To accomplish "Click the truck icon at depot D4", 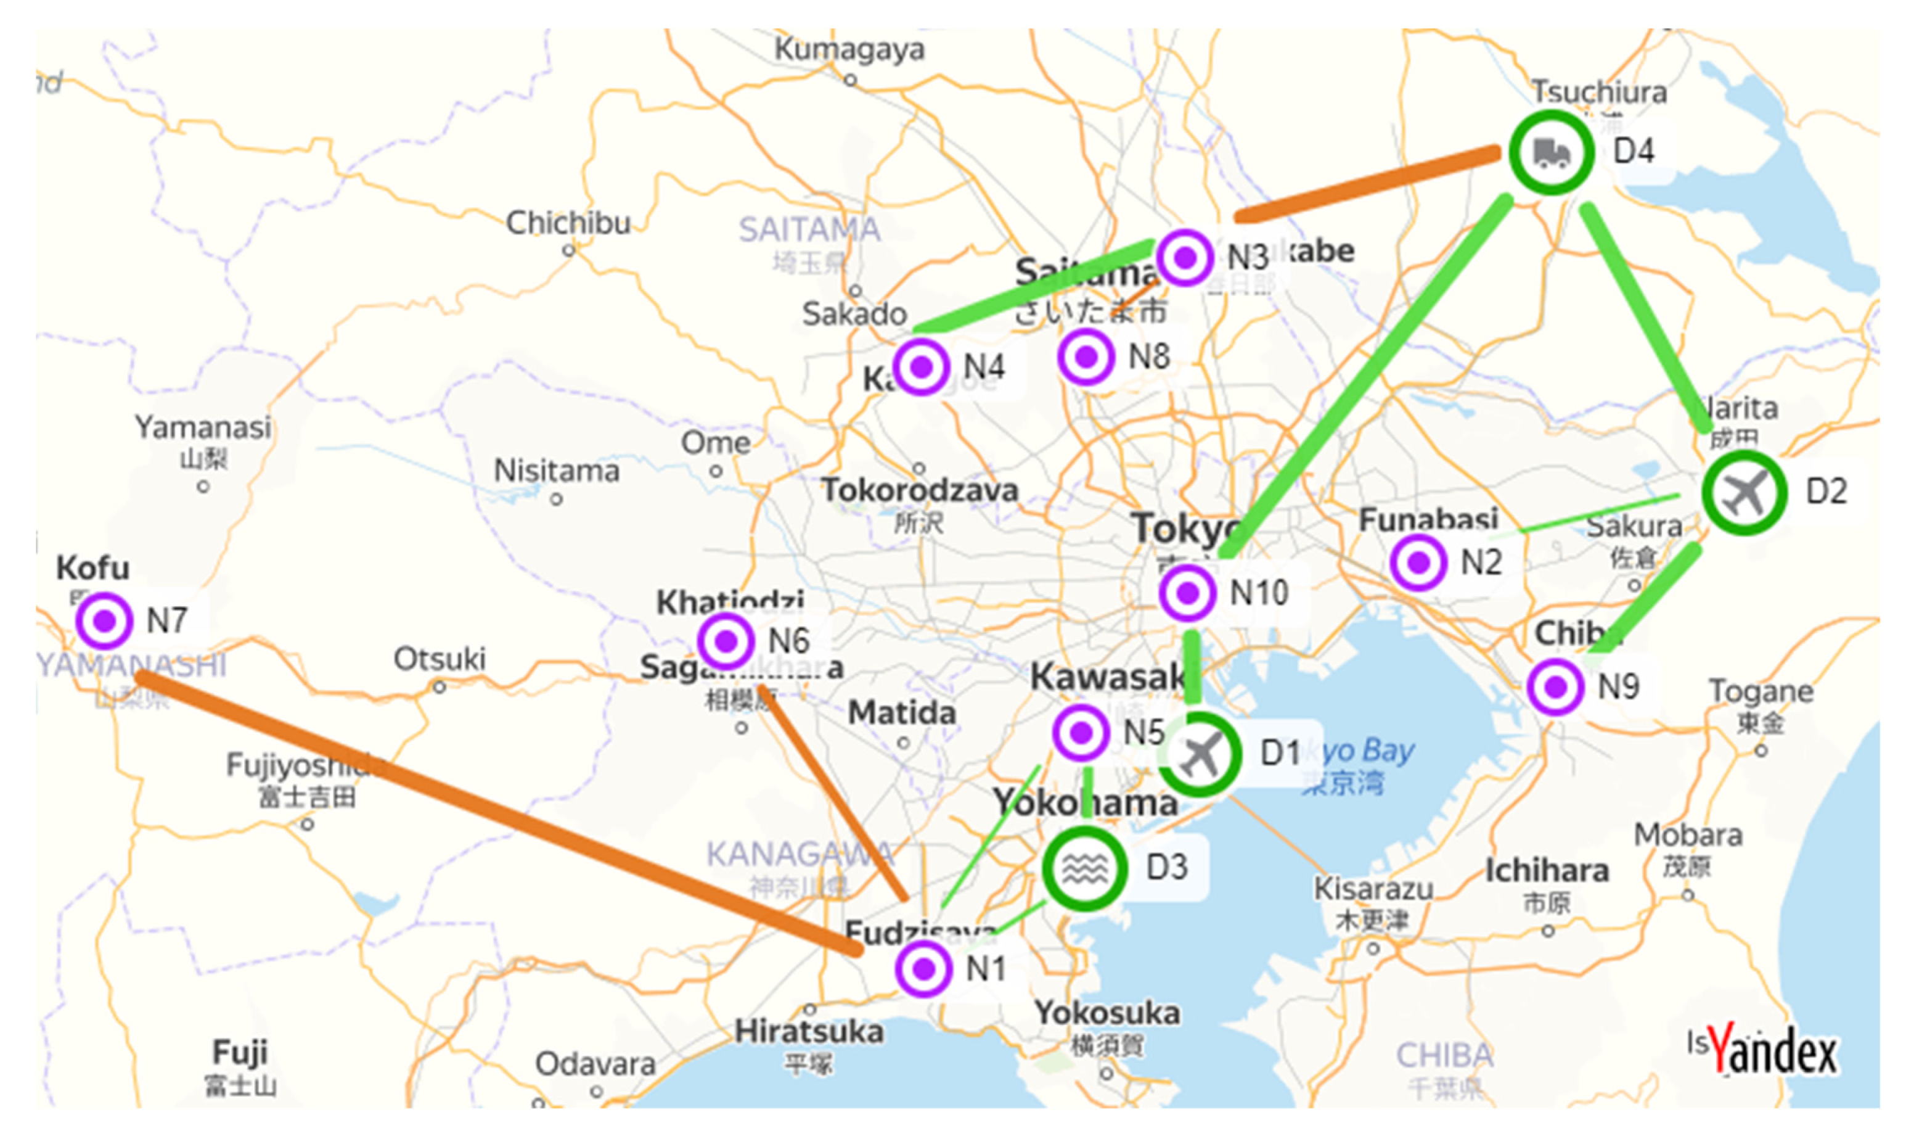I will (1551, 152).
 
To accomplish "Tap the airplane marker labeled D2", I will (1744, 493).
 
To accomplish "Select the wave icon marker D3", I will (1084, 868).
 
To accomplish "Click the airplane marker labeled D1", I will (1199, 754).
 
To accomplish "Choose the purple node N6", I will (726, 641).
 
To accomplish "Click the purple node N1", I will (923, 968).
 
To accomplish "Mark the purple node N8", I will (1085, 356).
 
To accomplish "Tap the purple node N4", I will (921, 368).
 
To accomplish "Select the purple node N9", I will (1555, 686).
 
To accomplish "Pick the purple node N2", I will (1418, 562).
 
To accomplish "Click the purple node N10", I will (1187, 593).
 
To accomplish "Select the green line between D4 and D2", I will (1645, 314).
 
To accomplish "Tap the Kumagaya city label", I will (849, 50).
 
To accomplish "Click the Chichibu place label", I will (568, 223).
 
